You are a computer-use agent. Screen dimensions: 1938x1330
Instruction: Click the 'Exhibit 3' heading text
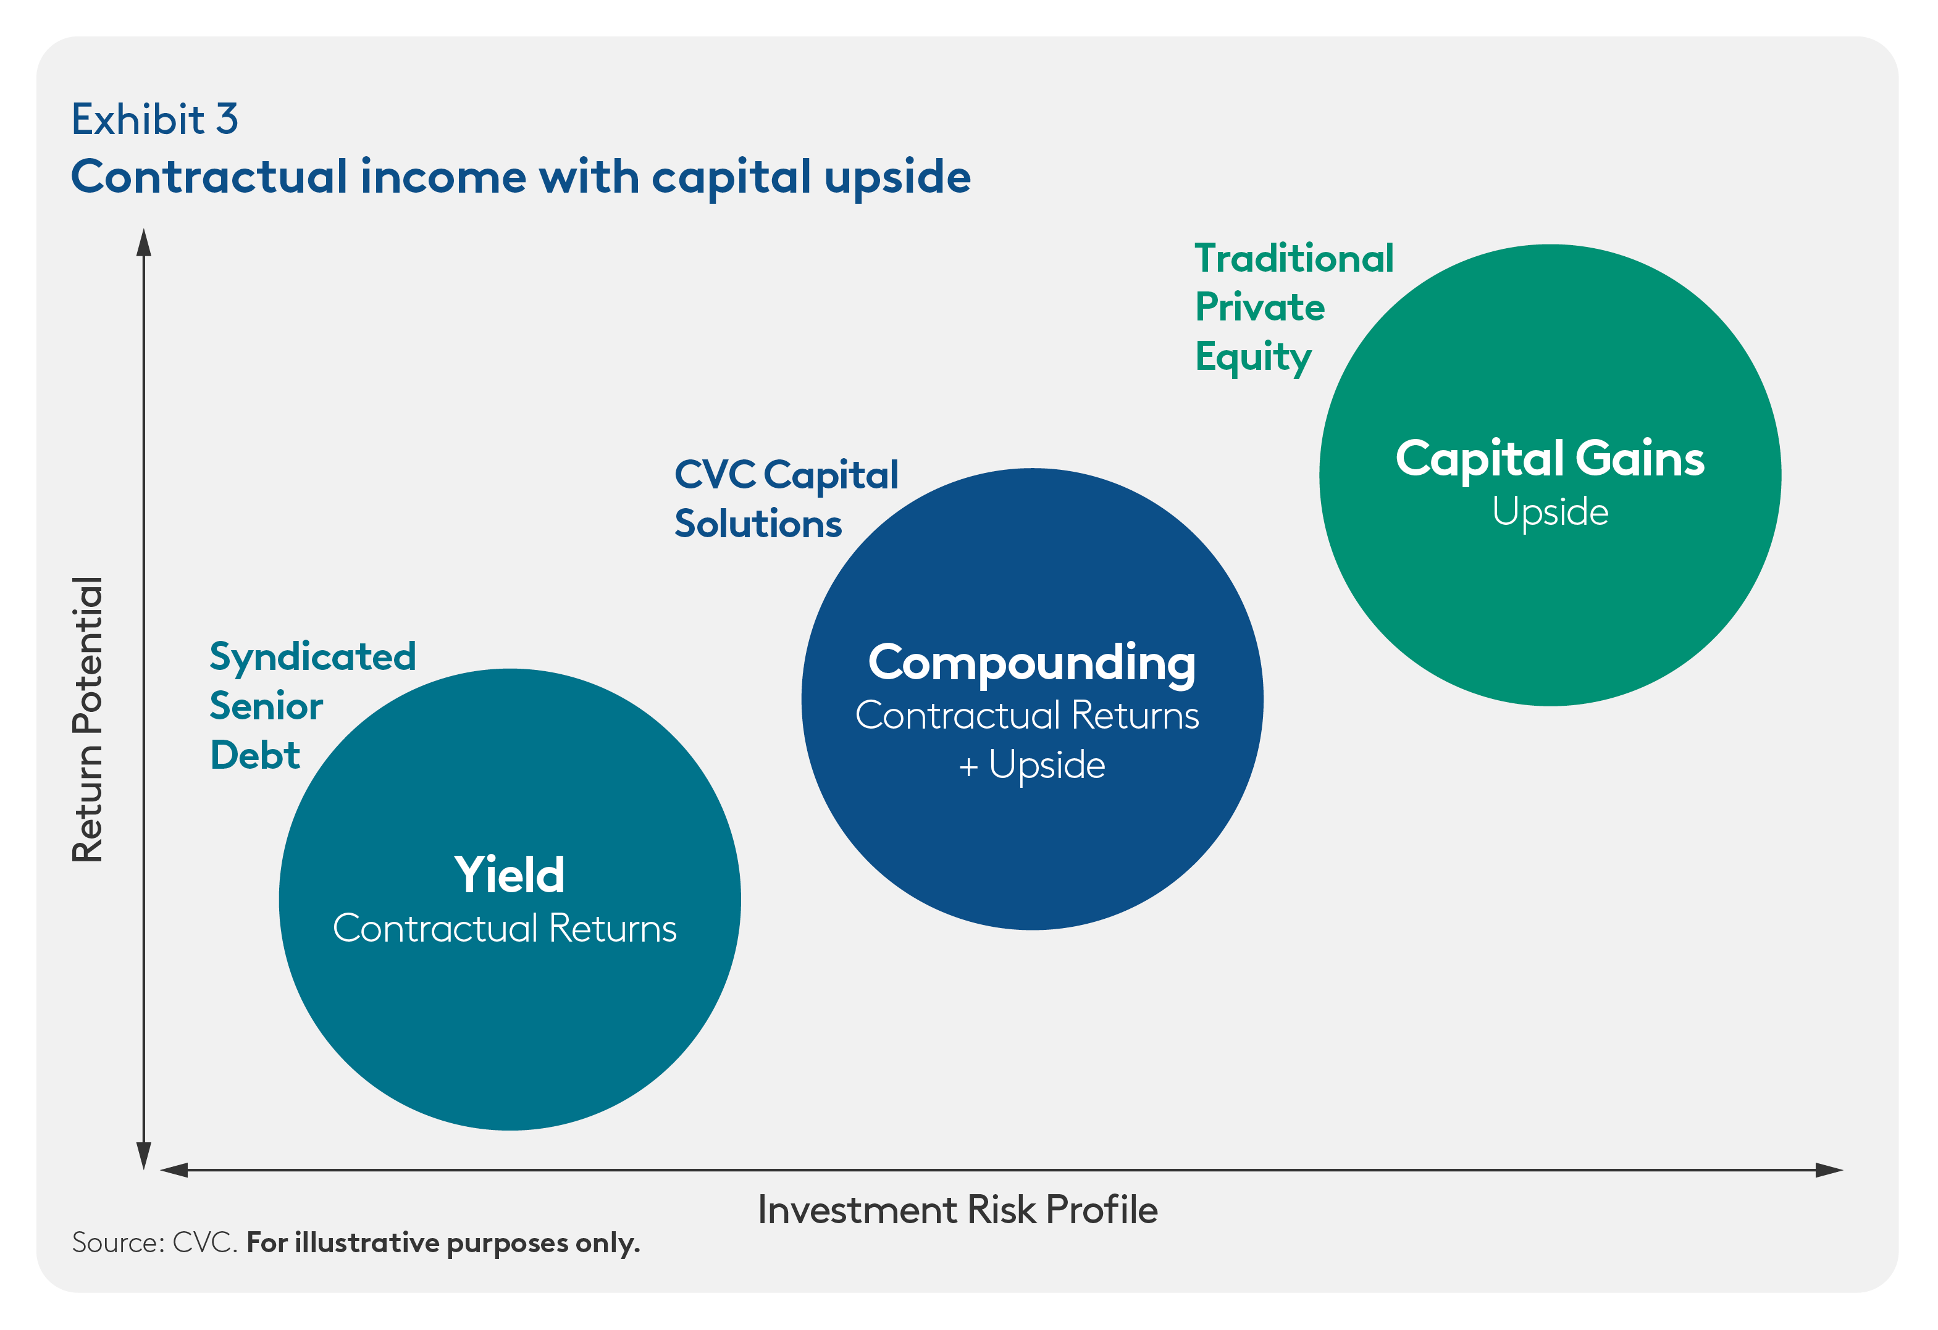coord(155,119)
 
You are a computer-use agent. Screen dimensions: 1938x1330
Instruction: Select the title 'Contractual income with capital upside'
coord(521,178)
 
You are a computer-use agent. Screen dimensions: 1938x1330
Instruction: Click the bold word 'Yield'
coord(510,875)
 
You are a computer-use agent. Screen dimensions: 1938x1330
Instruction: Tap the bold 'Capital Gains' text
coord(1550,459)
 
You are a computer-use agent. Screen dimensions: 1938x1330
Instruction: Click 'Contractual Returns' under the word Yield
coord(505,928)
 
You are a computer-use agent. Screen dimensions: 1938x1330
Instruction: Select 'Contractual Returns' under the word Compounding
coord(1028,716)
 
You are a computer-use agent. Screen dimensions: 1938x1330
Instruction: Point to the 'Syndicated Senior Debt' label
coord(313,705)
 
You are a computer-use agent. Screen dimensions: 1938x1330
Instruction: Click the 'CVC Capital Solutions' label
coord(786,499)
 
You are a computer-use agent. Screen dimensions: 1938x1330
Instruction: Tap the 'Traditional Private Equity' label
coord(1294,307)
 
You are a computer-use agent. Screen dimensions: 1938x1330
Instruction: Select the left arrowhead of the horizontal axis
coord(174,1170)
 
